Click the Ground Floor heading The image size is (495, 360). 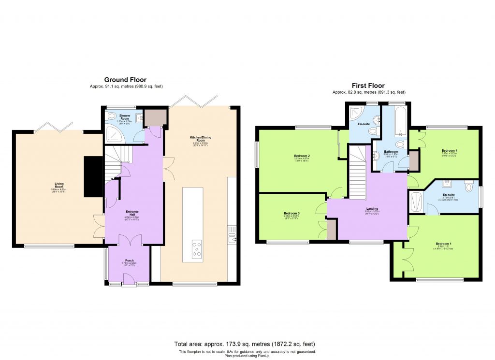coord(125,80)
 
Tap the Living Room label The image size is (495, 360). coord(59,184)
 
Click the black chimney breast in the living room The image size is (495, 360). coord(93,176)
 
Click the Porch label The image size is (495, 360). coord(130,260)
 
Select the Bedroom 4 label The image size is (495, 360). coord(449,151)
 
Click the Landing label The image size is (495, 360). coord(372,209)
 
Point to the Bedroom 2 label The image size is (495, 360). coord(302,156)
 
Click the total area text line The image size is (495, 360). coord(247,344)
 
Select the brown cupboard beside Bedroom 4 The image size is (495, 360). coord(414,161)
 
